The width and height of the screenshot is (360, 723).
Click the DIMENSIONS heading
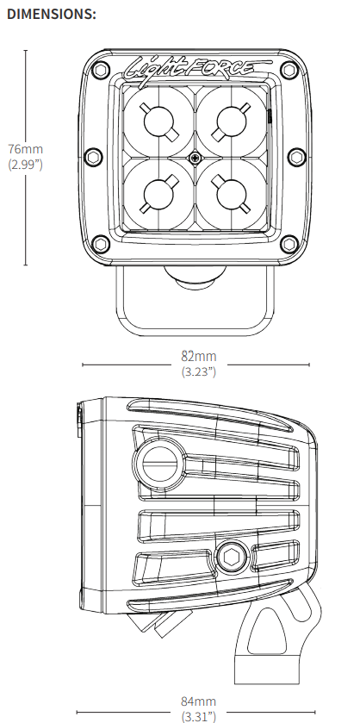tap(52, 14)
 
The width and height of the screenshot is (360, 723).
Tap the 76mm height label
tap(25, 149)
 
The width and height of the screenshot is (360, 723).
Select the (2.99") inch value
tap(25, 164)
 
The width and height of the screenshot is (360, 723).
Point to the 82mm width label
tap(199, 356)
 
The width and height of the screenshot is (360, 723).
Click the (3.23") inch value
tap(199, 371)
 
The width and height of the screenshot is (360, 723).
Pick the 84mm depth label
tap(198, 701)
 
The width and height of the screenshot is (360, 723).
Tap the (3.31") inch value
tap(198, 716)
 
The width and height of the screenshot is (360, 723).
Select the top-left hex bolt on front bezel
tap(101, 71)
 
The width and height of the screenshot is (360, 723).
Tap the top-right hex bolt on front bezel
tap(289, 70)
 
